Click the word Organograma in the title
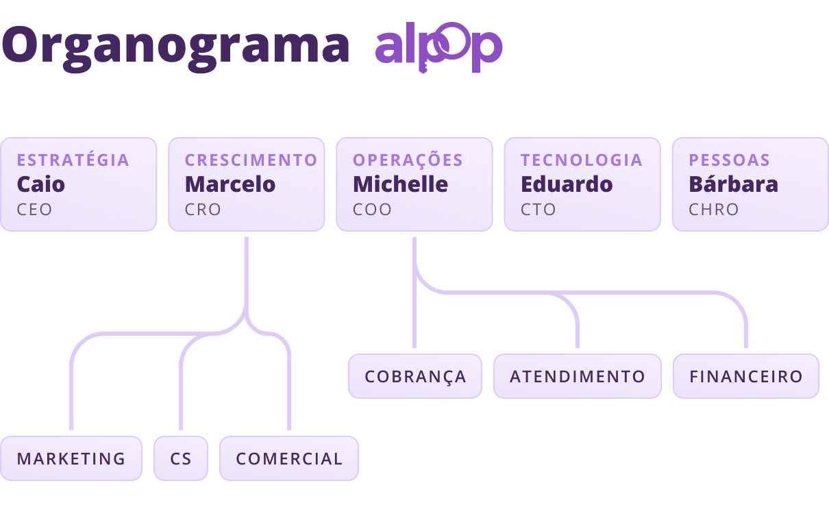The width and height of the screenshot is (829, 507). click(176, 48)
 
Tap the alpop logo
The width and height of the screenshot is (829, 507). click(439, 47)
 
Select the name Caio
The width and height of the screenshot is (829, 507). click(40, 184)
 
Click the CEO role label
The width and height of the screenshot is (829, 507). click(34, 210)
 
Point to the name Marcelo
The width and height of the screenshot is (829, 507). click(230, 184)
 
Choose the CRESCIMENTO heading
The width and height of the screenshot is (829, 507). click(251, 160)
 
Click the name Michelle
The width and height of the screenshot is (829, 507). click(400, 184)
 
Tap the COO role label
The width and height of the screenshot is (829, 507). click(372, 210)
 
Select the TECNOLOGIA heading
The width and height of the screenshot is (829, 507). click(582, 160)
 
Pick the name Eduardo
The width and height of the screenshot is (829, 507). click(567, 184)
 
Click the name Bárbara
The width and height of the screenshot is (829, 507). click(734, 184)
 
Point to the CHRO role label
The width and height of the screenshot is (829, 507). click(713, 210)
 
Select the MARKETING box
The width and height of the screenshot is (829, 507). click(71, 458)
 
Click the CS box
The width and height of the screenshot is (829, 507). click(181, 458)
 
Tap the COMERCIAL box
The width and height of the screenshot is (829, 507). click(289, 458)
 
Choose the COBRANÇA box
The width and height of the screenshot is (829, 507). click(415, 376)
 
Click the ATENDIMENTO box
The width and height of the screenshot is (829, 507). click(578, 376)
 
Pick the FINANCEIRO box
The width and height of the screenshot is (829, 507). click(746, 376)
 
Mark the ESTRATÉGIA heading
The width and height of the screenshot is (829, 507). click(73, 160)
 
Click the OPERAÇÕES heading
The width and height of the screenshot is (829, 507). click(408, 160)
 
